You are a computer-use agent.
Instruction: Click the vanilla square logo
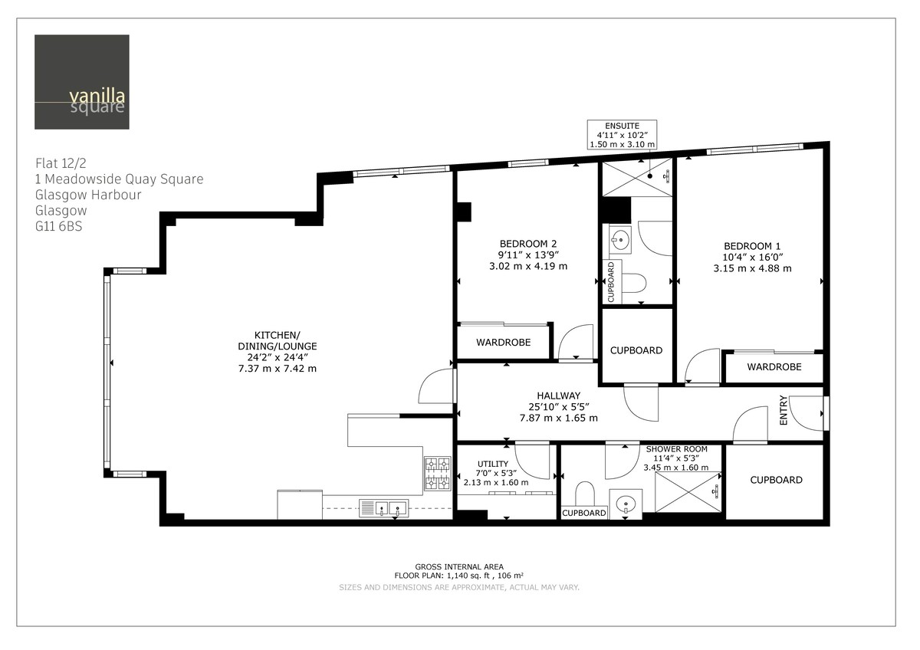tap(82, 82)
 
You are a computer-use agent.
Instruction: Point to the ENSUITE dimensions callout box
tap(623, 135)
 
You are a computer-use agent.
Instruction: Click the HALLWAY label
tap(558, 396)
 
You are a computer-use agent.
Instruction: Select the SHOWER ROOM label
tap(676, 449)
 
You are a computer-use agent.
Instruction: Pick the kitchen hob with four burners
tap(438, 474)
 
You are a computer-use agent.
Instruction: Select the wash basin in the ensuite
tap(620, 240)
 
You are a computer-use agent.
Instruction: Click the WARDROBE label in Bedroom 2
tap(503, 343)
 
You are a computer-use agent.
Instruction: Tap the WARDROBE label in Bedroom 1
tap(774, 367)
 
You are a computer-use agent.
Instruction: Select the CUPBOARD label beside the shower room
tap(776, 480)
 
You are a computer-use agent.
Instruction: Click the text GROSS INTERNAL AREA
tap(458, 566)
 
